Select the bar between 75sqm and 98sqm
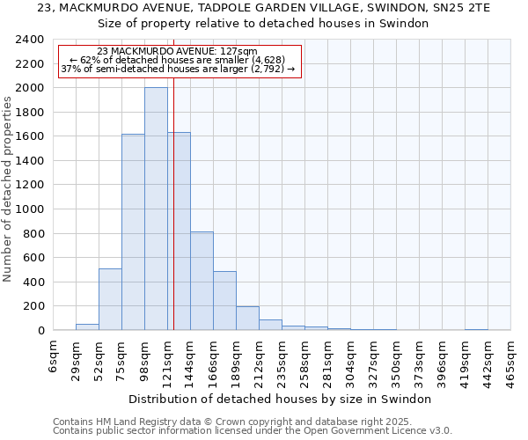pos(133,232)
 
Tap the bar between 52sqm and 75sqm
pos(110,299)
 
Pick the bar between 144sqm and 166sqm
pos(202,281)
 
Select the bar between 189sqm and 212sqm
pos(247,319)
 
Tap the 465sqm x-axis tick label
pos(511,358)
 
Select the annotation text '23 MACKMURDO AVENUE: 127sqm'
pos(178,52)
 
